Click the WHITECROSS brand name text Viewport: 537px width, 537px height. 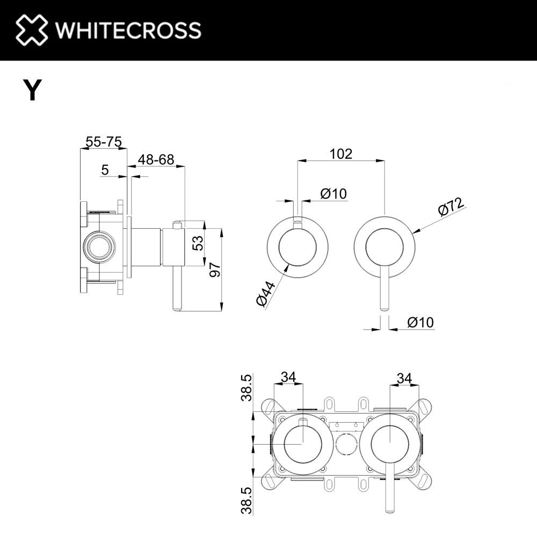pyautogui.click(x=128, y=30)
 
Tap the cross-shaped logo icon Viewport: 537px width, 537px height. pyautogui.click(x=32, y=30)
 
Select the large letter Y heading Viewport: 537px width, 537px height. pyautogui.click(x=32, y=90)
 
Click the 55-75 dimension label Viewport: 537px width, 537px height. pyautogui.click(x=104, y=141)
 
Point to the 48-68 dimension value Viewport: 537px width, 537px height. pyautogui.click(x=156, y=159)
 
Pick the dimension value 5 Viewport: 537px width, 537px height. pyautogui.click(x=105, y=170)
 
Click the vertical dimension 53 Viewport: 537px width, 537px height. pyautogui.click(x=198, y=243)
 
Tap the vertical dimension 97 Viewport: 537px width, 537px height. pyautogui.click(x=215, y=270)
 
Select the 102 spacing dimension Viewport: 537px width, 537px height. pyautogui.click(x=341, y=154)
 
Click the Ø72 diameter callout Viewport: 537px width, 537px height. pyautogui.click(x=451, y=207)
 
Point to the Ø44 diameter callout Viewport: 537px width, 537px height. pyautogui.click(x=266, y=294)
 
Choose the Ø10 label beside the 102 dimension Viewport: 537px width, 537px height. pyautogui.click(x=333, y=193)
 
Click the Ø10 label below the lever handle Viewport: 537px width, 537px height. pyautogui.click(x=420, y=322)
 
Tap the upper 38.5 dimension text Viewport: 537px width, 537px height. pyautogui.click(x=246, y=388)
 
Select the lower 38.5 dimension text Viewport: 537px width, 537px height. pyautogui.click(x=246, y=500)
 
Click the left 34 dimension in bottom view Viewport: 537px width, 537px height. pyautogui.click(x=288, y=377)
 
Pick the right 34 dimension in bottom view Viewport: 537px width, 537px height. pyautogui.click(x=404, y=379)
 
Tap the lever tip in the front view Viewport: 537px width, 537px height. pyautogui.click(x=384, y=310)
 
